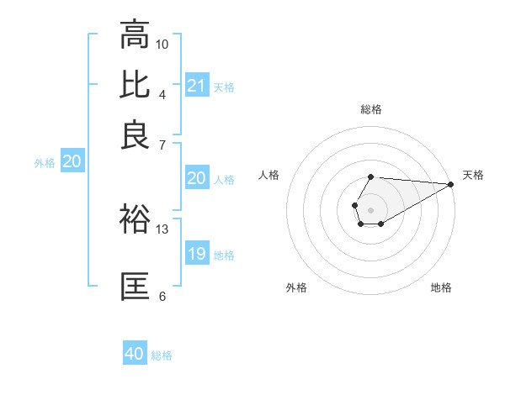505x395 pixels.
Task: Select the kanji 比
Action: click(x=135, y=84)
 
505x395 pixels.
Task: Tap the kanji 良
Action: click(x=135, y=134)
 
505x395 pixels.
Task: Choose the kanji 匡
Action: click(x=135, y=286)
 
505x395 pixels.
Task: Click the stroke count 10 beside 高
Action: click(x=162, y=44)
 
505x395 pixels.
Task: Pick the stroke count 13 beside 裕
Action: click(x=162, y=229)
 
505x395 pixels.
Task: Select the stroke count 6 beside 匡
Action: click(x=162, y=296)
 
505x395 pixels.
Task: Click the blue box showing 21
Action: click(x=197, y=86)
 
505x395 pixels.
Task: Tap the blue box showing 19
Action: click(x=197, y=254)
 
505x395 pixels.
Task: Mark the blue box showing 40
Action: click(x=135, y=354)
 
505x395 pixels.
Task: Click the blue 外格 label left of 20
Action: click(x=45, y=163)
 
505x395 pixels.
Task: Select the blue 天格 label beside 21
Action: click(x=224, y=87)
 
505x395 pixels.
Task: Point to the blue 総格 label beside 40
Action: click(x=162, y=355)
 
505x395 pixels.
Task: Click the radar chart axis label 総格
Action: click(x=370, y=109)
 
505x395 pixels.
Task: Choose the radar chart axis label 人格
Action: click(x=269, y=175)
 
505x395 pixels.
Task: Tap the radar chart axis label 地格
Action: click(x=441, y=287)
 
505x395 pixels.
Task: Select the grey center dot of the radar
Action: click(x=370, y=208)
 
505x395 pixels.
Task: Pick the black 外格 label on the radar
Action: click(x=296, y=287)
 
